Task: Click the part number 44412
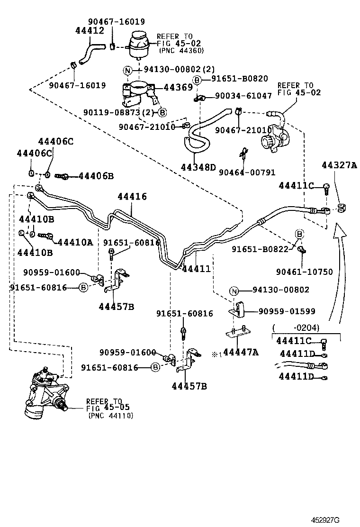[x=90, y=31]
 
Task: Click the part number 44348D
[x=198, y=167]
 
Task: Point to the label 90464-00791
[x=247, y=173]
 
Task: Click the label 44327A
[x=339, y=165]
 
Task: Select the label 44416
[x=132, y=197]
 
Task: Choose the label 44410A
[x=75, y=242]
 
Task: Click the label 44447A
[x=241, y=352]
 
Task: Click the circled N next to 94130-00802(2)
[x=127, y=71]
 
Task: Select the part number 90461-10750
[x=304, y=272]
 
